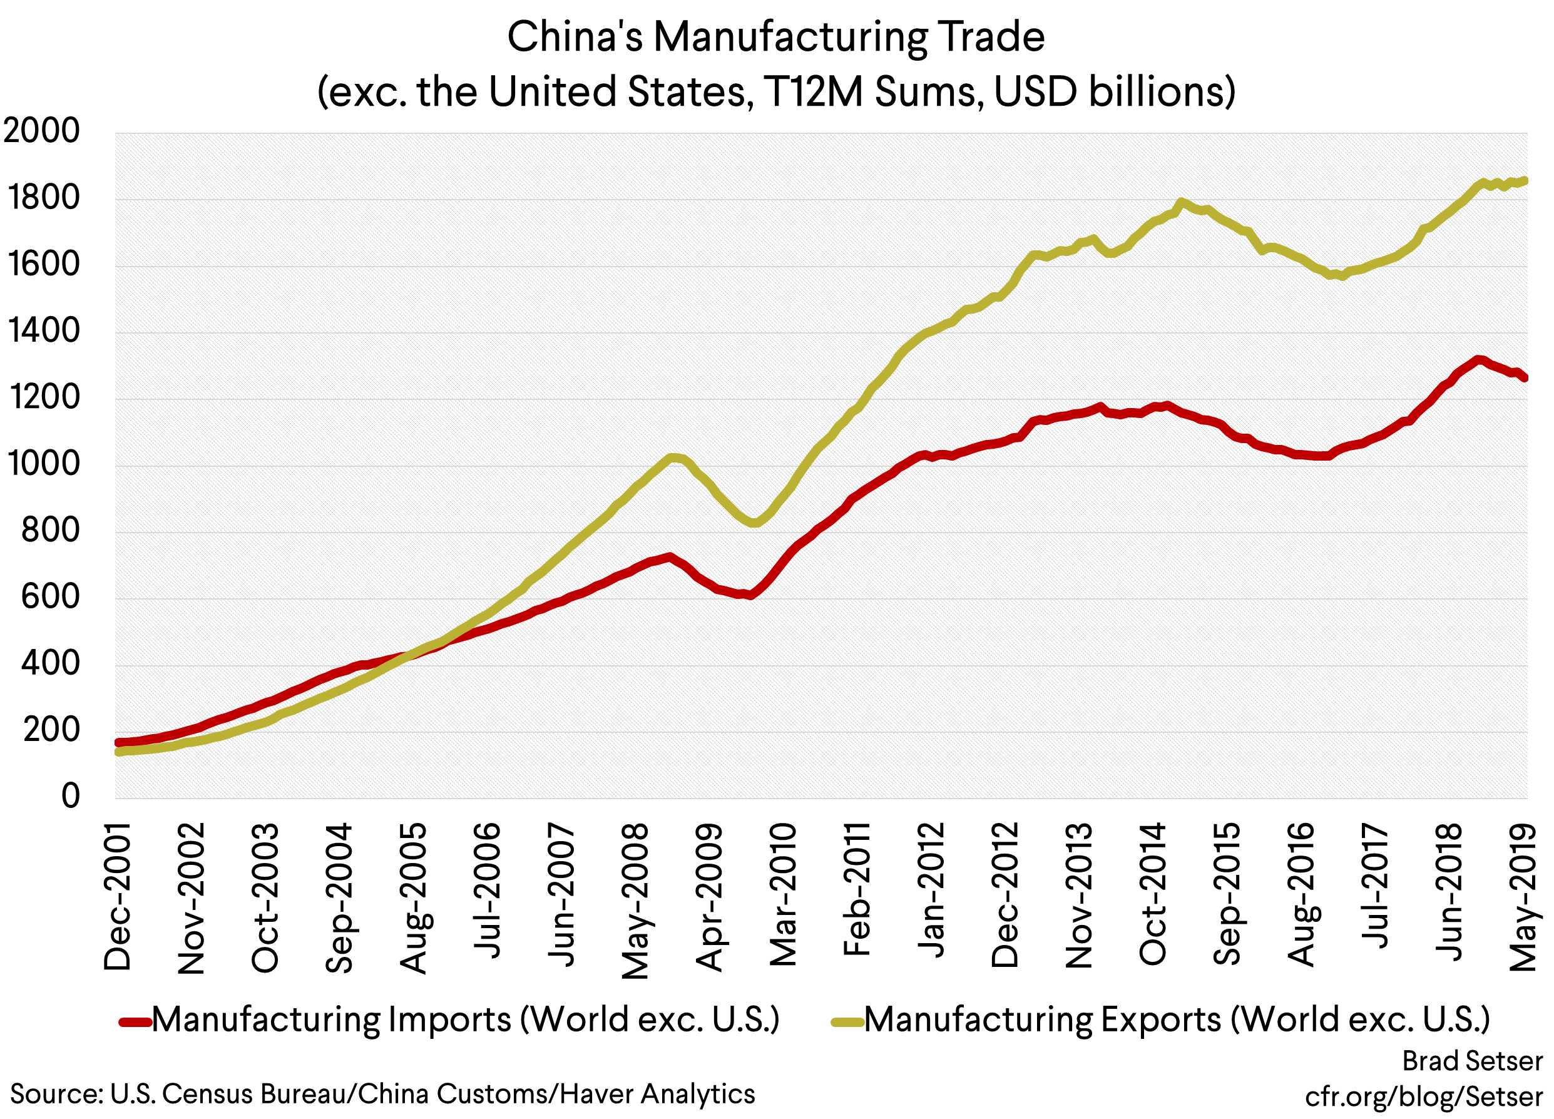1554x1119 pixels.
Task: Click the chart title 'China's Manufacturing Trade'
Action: pyautogui.click(x=775, y=37)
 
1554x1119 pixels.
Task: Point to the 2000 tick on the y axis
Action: pyautogui.click(x=41, y=131)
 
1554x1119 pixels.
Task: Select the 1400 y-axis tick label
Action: pyautogui.click(x=43, y=331)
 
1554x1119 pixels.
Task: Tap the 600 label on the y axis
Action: pyautogui.click(x=50, y=597)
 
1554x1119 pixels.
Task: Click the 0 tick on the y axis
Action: pyautogui.click(x=70, y=796)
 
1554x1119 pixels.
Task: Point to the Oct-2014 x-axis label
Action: pyautogui.click(x=1152, y=894)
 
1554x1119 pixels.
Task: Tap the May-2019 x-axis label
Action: pyautogui.click(x=1524, y=897)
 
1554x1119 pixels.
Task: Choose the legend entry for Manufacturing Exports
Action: pyautogui.click(x=1177, y=1019)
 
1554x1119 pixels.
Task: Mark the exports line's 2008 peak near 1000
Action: pyautogui.click(x=674, y=457)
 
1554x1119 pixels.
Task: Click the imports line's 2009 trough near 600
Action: pyautogui.click(x=751, y=595)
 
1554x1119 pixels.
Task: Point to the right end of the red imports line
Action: pyautogui.click(x=1525, y=377)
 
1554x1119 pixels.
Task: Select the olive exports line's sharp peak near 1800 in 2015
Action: pyautogui.click(x=1180, y=202)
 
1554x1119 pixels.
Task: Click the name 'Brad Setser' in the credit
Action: pyautogui.click(x=1472, y=1061)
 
